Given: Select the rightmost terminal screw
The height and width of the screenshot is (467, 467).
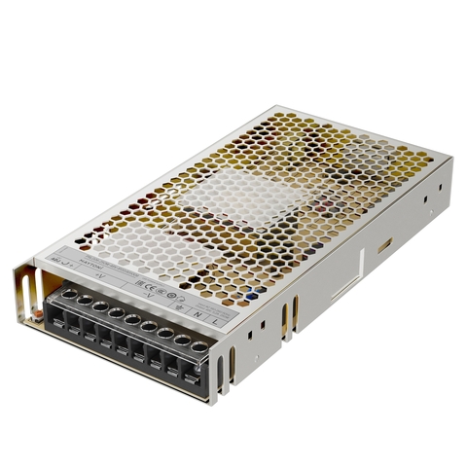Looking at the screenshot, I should pyautogui.click(x=199, y=346).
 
